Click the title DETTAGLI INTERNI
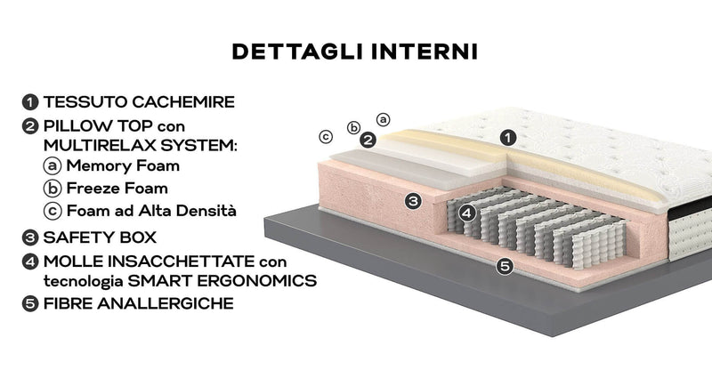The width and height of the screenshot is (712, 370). [355, 51]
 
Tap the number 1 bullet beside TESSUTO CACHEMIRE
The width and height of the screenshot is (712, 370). [31, 102]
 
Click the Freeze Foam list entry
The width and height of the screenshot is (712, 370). [117, 189]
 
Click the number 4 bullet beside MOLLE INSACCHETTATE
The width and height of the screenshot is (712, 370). [31, 261]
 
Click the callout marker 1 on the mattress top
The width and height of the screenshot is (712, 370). [507, 138]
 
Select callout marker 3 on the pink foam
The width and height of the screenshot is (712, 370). [413, 201]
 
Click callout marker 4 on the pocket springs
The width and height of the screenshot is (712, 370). [465, 213]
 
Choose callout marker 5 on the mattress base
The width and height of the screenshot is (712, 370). [505, 265]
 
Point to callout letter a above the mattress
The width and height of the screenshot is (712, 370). [384, 117]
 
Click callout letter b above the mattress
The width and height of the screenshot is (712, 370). [353, 127]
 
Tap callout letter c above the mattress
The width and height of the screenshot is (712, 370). [327, 136]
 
